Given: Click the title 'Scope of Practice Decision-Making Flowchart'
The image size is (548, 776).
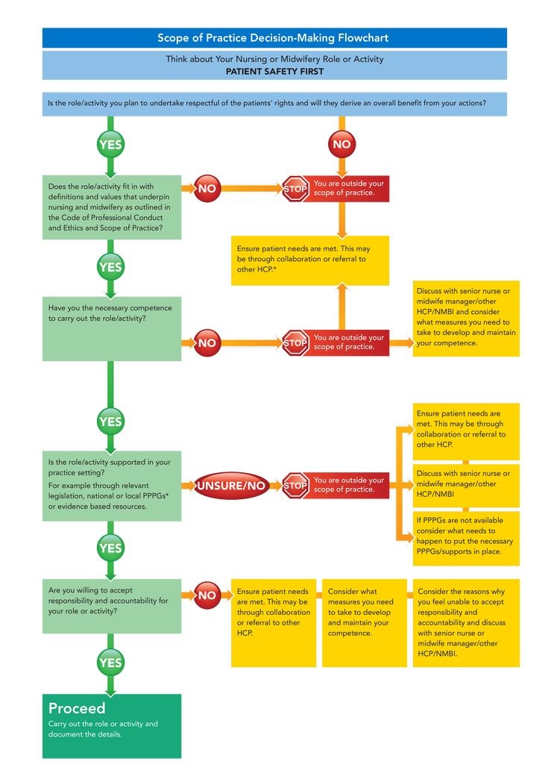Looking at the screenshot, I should pos(273,38).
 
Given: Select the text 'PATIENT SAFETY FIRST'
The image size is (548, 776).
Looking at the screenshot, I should pos(274,72).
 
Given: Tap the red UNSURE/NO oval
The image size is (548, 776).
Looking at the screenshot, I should pos(230,486).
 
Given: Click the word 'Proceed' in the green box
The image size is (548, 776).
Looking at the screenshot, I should pos(78,708).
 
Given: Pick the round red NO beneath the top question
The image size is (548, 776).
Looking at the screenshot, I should pos(341,144).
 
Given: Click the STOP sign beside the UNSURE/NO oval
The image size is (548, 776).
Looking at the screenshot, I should pos(295,486).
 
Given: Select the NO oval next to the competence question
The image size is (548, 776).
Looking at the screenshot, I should pos(207,343).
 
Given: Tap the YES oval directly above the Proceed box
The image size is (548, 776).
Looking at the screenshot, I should pos(110,662).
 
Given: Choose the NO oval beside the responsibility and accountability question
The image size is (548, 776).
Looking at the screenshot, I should pos(207,595).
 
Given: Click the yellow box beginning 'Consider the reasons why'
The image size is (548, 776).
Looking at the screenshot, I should pos(465,622).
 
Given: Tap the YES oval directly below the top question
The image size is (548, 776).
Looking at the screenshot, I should pos(110,144).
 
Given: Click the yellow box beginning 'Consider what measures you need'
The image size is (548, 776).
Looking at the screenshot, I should pos(364,612).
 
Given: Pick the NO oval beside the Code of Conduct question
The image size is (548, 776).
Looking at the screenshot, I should pos(207,189).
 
